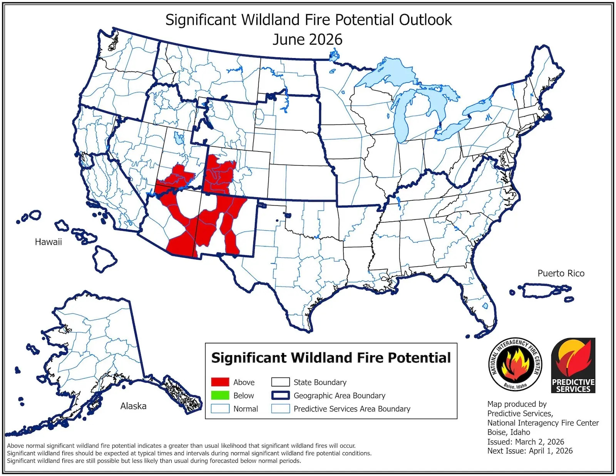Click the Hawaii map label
click(48, 242)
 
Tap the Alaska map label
click(133, 406)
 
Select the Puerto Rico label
click(561, 273)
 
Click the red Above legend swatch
click(220, 382)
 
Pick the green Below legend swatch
click(220, 396)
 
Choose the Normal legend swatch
click(220, 409)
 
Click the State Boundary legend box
click(280, 382)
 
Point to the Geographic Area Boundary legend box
click(280, 396)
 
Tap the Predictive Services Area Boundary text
click(352, 409)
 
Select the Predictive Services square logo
click(573, 365)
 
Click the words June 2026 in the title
click(307, 39)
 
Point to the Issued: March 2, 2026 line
click(526, 442)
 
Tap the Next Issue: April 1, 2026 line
click(530, 451)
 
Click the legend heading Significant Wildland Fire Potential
click(331, 358)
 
